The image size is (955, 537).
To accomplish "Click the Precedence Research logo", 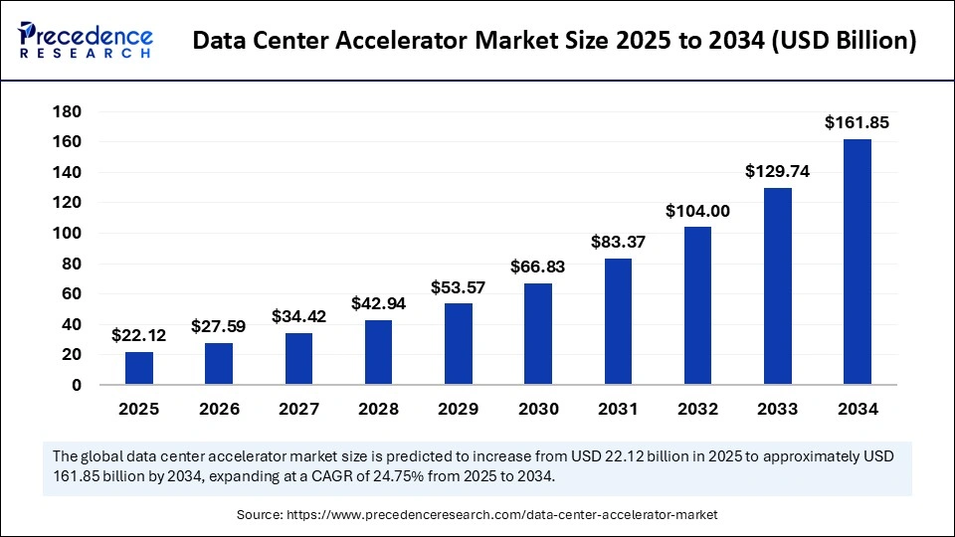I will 85,39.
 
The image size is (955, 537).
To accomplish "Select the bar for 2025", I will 139,368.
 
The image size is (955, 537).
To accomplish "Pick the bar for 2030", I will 538,334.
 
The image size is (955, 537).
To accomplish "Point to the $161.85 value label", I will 857,123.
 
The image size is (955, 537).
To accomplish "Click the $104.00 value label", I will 697,211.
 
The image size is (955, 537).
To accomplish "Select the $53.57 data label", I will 459,287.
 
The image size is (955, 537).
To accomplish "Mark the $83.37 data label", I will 618,242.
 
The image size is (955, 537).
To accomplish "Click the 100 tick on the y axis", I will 66,234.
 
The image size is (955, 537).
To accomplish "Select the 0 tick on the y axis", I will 76,385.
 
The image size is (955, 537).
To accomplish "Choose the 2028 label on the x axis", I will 378,409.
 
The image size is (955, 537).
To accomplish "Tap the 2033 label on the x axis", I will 777,409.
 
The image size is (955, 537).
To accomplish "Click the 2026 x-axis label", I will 219,409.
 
